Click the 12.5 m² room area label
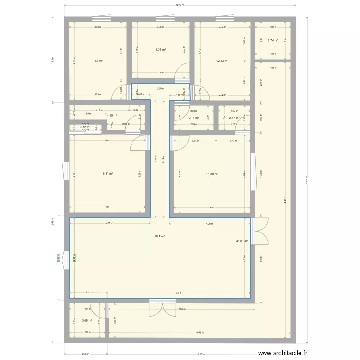98,61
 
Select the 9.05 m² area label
160,49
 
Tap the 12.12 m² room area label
222,61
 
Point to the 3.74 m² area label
273,41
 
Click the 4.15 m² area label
112,116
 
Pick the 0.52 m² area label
85,127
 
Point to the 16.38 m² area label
212,174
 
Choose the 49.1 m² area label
159,236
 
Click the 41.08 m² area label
242,241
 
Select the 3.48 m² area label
87,321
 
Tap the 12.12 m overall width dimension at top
180,6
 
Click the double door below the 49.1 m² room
162,309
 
